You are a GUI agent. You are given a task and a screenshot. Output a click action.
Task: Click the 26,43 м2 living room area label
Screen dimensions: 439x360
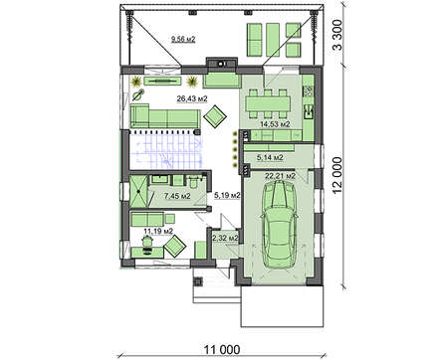[192, 98]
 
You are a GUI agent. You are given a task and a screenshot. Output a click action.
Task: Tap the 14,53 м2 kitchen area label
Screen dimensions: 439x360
[275, 124]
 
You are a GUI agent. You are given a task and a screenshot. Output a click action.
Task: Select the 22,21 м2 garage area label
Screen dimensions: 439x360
[280, 176]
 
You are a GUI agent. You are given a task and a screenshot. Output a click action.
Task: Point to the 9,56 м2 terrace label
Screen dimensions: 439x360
[183, 40]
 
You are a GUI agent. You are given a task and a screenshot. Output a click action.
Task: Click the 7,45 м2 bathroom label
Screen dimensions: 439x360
[177, 196]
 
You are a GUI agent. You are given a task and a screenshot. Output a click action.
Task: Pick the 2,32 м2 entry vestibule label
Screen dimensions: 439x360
[225, 238]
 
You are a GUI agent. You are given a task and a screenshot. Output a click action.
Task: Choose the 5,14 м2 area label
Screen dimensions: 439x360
[270, 157]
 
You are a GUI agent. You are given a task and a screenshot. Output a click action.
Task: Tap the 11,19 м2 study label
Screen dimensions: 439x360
[158, 231]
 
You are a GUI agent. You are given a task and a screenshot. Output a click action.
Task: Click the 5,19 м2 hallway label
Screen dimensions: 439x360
[227, 196]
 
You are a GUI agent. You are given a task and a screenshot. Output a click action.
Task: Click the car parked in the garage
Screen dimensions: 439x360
[280, 225]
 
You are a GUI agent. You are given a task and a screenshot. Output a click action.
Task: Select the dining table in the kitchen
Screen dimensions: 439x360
[268, 103]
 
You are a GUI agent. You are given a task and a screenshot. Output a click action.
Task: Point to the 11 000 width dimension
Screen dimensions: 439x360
[221, 350]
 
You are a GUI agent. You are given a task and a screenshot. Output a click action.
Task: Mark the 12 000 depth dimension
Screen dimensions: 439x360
[336, 175]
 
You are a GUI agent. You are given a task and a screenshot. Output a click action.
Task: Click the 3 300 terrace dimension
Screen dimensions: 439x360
[337, 35]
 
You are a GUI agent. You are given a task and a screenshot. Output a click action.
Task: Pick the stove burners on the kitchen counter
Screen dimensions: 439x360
[309, 91]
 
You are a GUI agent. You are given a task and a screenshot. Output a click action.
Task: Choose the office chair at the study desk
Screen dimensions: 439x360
[146, 245]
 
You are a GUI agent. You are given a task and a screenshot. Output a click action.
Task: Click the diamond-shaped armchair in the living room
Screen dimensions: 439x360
[215, 116]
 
